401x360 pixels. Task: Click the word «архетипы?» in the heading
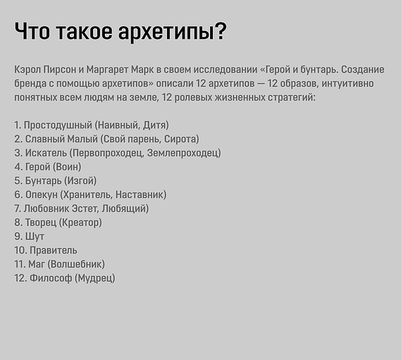173,32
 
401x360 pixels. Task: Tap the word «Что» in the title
32,31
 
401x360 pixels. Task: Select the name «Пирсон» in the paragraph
60,70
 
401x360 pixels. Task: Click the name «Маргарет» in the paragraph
107,70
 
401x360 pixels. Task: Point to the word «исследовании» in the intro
225,70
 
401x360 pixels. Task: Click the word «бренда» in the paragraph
30,84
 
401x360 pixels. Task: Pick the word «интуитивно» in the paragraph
347,84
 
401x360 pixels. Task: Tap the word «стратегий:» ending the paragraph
292,98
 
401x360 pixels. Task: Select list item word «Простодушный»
58,125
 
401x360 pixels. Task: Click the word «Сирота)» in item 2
181,139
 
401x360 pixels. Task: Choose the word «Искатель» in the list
46,153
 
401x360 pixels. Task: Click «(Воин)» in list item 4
67,167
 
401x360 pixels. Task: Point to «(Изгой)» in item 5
80,181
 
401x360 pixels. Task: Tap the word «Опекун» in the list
42,194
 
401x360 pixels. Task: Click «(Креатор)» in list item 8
80,223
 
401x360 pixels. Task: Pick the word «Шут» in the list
35,237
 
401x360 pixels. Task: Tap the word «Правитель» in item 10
53,250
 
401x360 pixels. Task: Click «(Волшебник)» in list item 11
76,264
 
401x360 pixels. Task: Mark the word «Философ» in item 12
51,278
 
